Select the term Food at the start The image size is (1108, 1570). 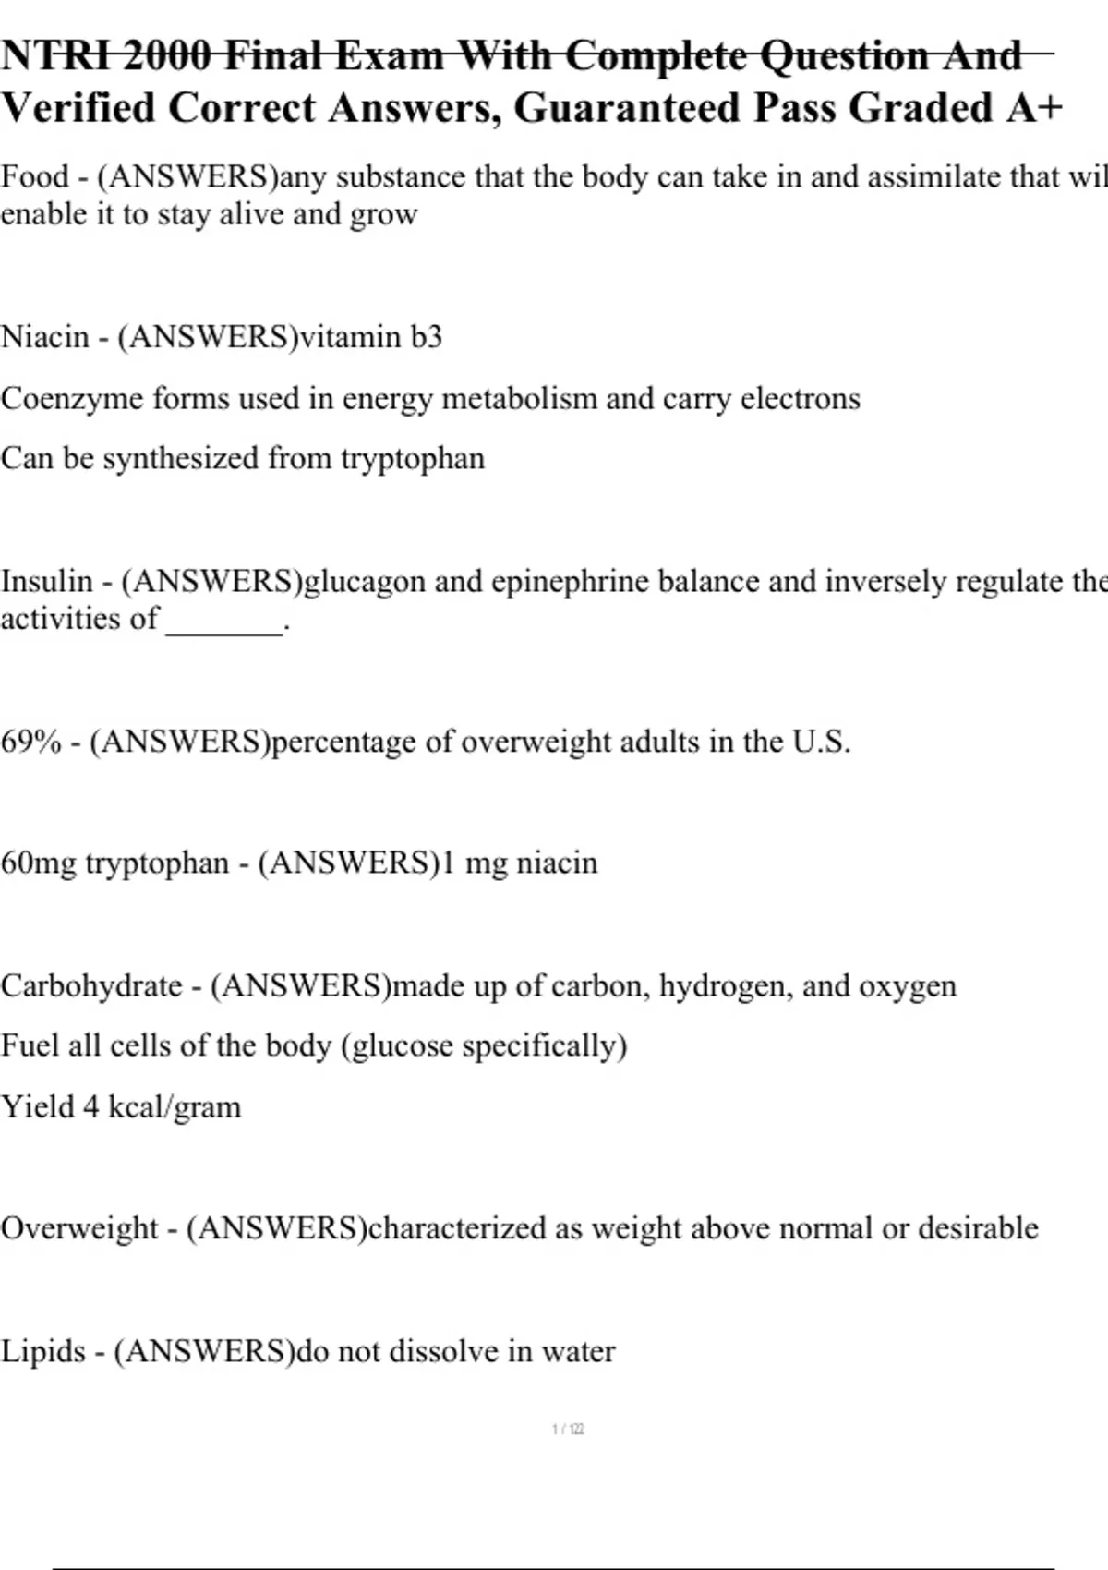(x=35, y=176)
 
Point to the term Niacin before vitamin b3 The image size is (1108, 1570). (x=45, y=337)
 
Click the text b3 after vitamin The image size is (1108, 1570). (x=427, y=337)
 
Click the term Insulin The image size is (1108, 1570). (x=47, y=582)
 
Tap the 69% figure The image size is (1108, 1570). (x=30, y=742)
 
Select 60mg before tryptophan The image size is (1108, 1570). (x=39, y=863)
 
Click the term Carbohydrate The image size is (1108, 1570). (x=91, y=986)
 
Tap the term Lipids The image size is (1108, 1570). (x=43, y=1352)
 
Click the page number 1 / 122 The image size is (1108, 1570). (x=568, y=1430)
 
